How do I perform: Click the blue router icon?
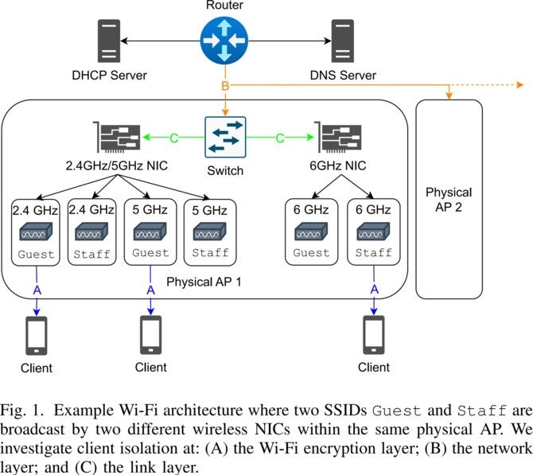click(x=224, y=41)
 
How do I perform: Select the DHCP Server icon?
click(x=109, y=41)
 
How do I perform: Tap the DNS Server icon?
click(x=343, y=41)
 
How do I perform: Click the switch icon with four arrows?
click(x=225, y=137)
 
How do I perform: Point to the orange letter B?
click(x=225, y=86)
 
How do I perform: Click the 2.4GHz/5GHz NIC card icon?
click(x=117, y=137)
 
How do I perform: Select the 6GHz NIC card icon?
click(x=337, y=137)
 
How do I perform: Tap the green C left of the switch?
click(x=173, y=138)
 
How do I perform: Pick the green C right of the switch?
click(x=280, y=138)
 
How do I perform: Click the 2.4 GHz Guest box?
click(x=36, y=232)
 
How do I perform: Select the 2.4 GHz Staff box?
click(x=91, y=232)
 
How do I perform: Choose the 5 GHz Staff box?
click(x=210, y=232)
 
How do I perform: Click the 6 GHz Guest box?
click(x=311, y=232)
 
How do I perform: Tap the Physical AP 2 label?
click(x=449, y=200)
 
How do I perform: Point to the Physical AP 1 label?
click(x=204, y=282)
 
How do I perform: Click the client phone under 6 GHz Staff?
click(x=374, y=335)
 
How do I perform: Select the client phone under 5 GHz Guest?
click(x=151, y=335)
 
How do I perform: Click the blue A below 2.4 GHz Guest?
click(x=37, y=290)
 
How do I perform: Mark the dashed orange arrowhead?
click(x=519, y=84)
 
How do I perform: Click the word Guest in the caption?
click(x=397, y=411)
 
